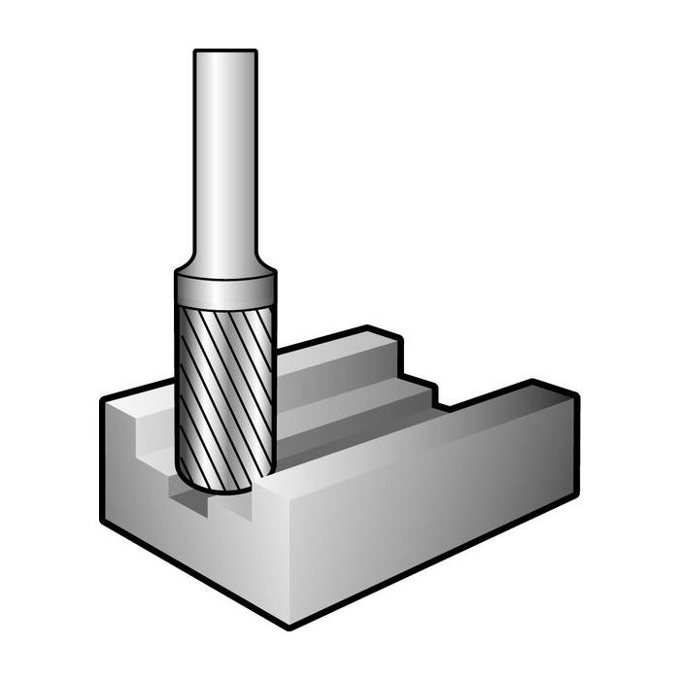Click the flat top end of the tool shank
pos(224,51)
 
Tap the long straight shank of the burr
pos(224,155)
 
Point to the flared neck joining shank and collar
pos(224,264)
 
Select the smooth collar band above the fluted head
pos(224,290)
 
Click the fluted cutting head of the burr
pos(224,389)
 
